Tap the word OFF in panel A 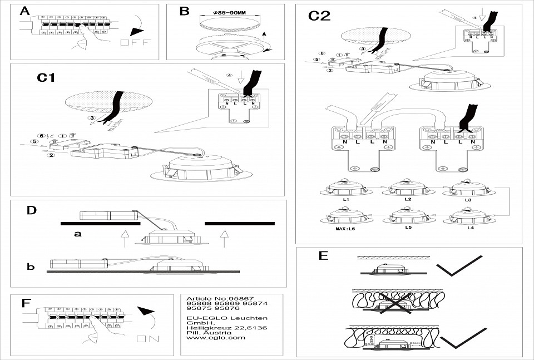coord(135,43)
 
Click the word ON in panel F coord(147,339)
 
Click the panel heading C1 coord(46,78)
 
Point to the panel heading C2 coord(319,16)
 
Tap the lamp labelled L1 coord(345,189)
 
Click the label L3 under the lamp coord(469,199)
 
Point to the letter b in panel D coord(31,267)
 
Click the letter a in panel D coord(78,234)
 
